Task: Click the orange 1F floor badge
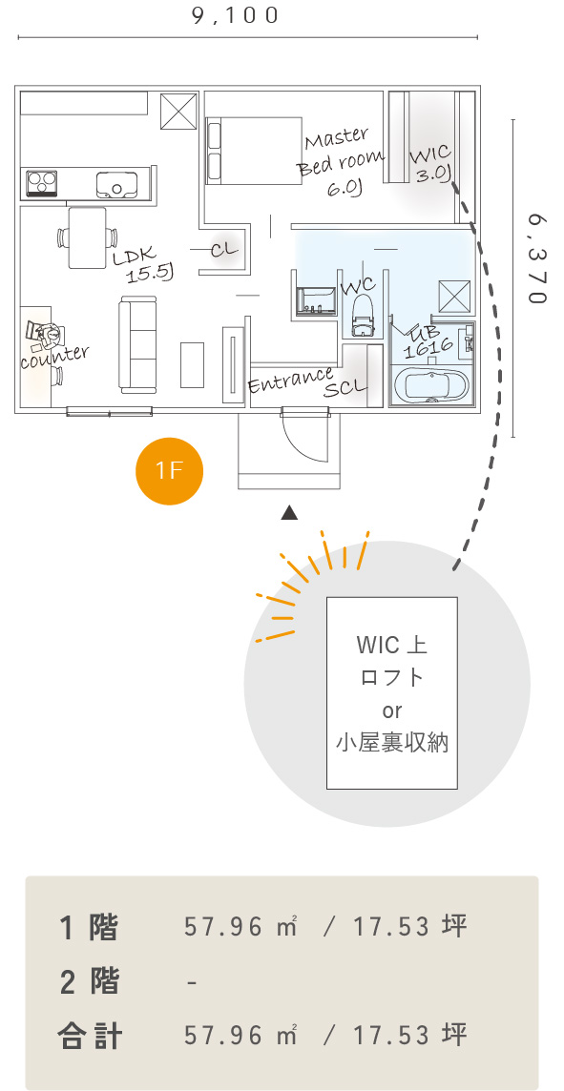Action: click(169, 470)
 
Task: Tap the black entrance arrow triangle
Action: click(290, 513)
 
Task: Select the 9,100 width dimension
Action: click(236, 15)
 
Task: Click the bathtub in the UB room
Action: click(431, 387)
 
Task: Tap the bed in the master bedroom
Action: click(254, 151)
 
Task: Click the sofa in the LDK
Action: click(138, 344)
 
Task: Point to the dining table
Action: click(87, 237)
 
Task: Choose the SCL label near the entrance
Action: click(345, 387)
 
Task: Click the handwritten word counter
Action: click(55, 358)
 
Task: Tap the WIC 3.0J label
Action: click(431, 164)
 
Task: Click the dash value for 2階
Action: click(192, 981)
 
